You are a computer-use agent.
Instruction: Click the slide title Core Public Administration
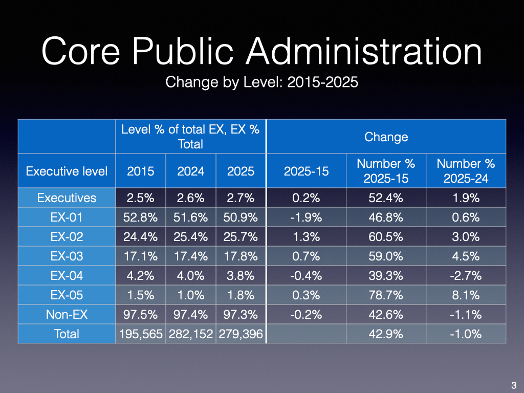(x=261, y=52)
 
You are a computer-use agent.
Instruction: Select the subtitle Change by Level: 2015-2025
(x=261, y=82)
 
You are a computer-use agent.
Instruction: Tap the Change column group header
(x=386, y=137)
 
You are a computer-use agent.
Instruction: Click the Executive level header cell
(x=67, y=171)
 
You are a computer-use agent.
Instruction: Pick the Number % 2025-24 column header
(x=466, y=171)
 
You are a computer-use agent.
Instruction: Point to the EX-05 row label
(x=67, y=295)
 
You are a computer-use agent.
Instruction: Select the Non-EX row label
(x=67, y=314)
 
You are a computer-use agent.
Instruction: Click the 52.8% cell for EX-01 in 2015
(x=141, y=217)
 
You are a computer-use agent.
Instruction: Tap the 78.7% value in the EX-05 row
(x=386, y=295)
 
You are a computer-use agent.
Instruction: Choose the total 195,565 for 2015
(x=141, y=334)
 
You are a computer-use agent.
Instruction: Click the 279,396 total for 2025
(x=241, y=334)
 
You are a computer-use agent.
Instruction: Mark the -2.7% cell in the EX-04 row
(x=466, y=275)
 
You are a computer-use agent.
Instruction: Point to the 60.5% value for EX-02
(x=386, y=237)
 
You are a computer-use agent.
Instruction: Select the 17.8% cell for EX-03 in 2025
(x=241, y=256)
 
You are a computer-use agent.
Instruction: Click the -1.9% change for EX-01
(x=306, y=217)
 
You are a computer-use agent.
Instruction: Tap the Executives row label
(x=67, y=198)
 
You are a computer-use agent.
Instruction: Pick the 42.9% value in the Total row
(x=386, y=334)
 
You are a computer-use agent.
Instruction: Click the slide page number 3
(x=513, y=385)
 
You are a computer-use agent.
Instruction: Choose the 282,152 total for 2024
(x=191, y=334)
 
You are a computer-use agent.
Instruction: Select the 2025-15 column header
(x=306, y=171)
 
